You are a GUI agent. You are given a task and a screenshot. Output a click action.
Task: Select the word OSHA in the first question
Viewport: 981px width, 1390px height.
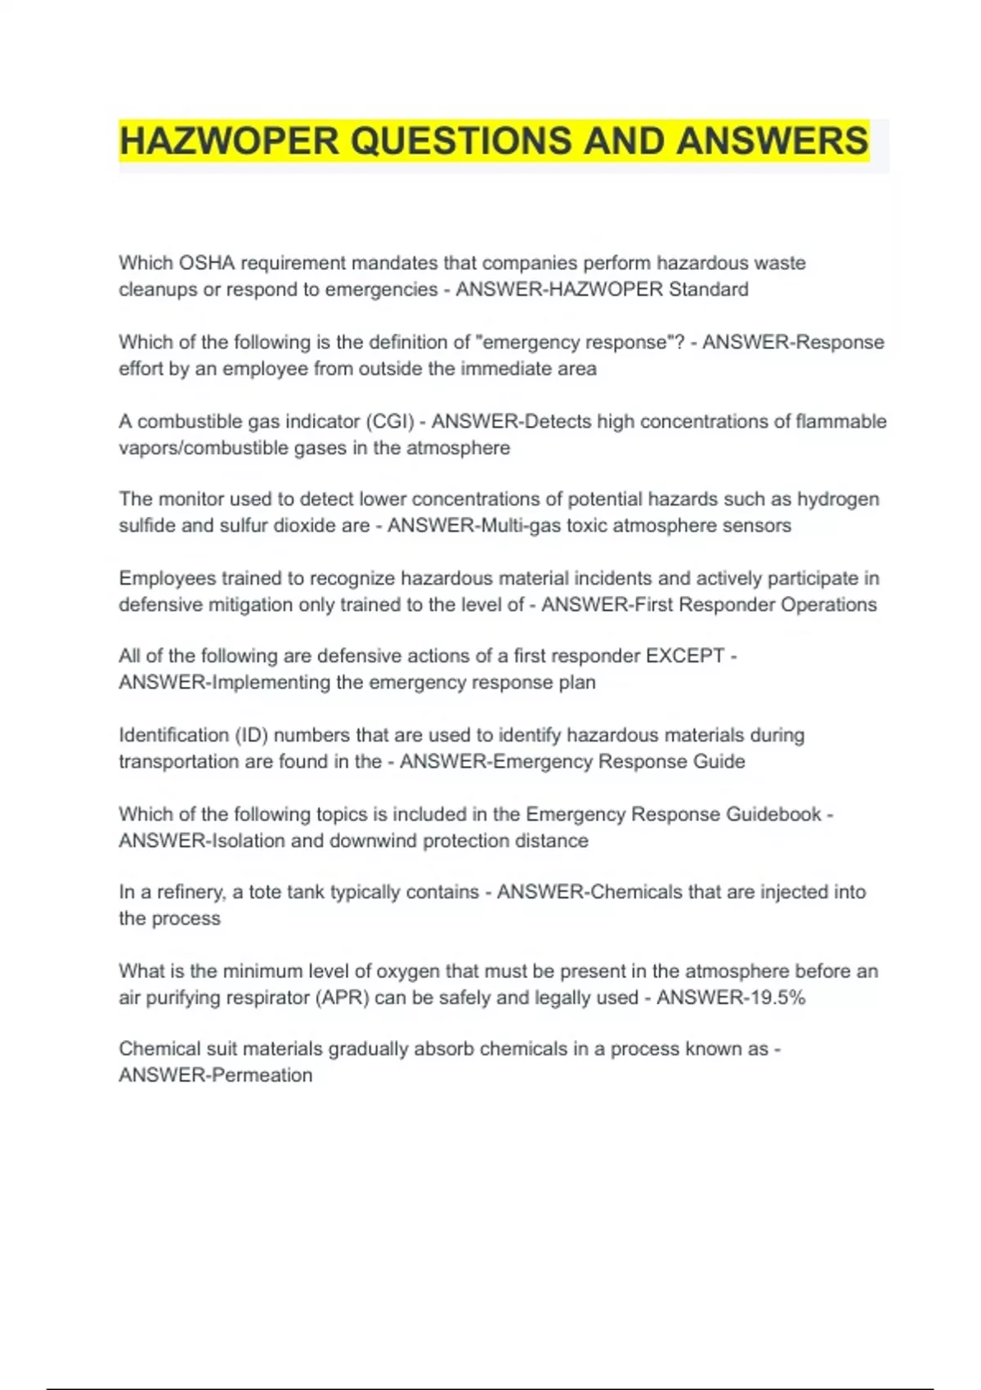tap(207, 263)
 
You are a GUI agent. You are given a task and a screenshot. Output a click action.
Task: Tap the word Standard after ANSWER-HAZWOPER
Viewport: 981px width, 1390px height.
tap(708, 289)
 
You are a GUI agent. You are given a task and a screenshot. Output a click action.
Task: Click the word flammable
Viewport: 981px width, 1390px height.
tap(840, 422)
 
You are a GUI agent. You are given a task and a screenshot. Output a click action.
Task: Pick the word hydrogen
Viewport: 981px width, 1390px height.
tap(838, 500)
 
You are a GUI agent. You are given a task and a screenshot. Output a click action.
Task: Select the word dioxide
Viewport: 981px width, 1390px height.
tap(307, 526)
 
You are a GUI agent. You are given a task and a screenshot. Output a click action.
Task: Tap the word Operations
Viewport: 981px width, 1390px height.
tap(828, 605)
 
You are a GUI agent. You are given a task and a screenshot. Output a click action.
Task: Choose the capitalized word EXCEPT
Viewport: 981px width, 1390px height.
tap(685, 657)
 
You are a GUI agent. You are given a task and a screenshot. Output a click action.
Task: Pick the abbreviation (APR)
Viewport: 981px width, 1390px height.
tap(342, 998)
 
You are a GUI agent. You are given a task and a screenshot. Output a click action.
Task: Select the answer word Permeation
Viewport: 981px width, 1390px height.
tap(262, 1076)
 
